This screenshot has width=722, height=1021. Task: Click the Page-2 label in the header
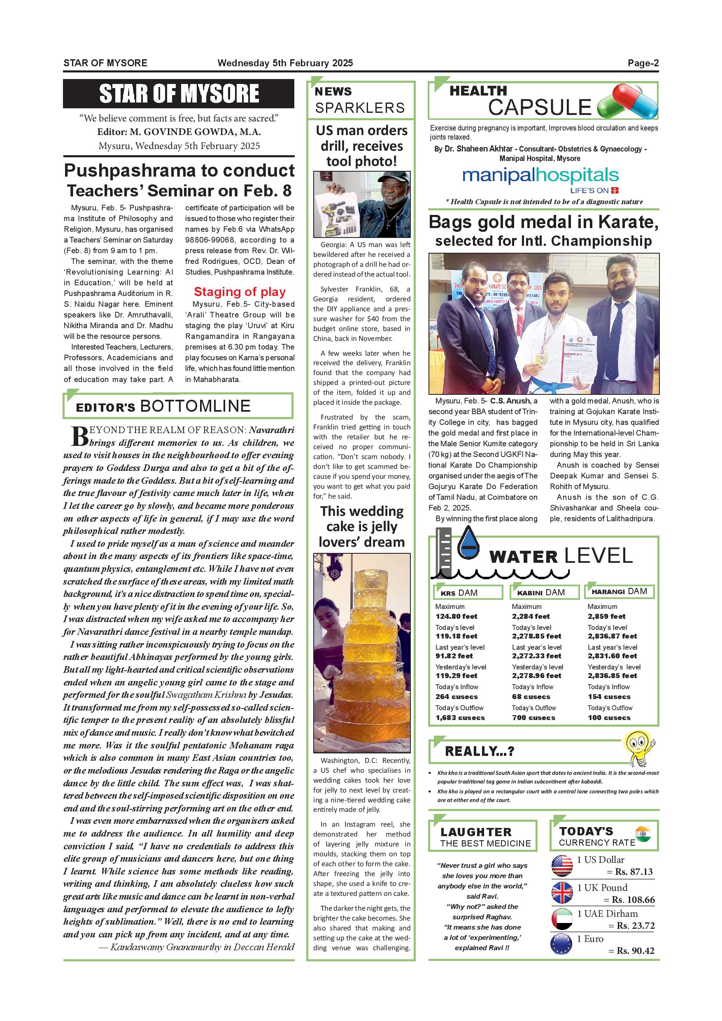[x=643, y=63]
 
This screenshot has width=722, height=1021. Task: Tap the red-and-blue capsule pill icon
[x=627, y=102]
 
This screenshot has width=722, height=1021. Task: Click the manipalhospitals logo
[x=540, y=177]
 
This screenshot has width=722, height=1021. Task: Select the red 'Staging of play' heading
[x=240, y=292]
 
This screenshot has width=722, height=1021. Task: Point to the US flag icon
[x=562, y=866]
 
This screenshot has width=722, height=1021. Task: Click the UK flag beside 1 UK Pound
[x=562, y=893]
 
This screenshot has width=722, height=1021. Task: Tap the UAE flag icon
[x=562, y=919]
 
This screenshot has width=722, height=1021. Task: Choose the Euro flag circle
[x=562, y=944]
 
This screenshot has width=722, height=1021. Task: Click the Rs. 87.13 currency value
[x=633, y=872]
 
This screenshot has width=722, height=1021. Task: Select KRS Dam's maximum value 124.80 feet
[x=456, y=616]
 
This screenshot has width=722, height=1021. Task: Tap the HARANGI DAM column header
[x=620, y=592]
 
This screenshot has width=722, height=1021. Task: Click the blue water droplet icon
[x=468, y=543]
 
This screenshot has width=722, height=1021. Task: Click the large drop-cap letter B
[x=79, y=437]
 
